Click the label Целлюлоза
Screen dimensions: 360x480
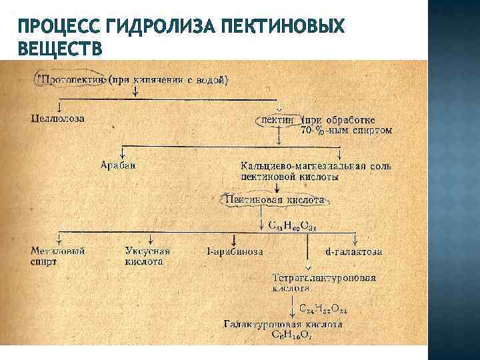(58, 118)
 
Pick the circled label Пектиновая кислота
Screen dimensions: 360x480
(274, 199)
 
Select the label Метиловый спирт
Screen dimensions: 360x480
(58, 257)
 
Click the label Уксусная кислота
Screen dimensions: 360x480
(147, 257)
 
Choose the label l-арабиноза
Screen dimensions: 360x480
(235, 252)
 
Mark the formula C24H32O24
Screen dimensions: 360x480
(323, 309)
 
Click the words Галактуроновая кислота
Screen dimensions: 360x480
(283, 325)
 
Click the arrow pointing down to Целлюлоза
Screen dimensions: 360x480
(61, 107)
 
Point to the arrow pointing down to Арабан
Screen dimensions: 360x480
(122, 151)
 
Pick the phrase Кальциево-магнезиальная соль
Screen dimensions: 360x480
(316, 165)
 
